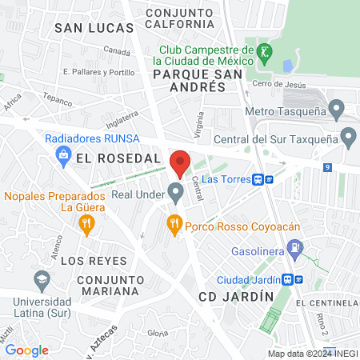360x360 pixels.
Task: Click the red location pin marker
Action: click(180, 162)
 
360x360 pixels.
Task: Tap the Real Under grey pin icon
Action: click(175, 193)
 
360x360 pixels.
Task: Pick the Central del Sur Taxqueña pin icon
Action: click(348, 137)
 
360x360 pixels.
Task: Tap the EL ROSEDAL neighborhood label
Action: click(118, 158)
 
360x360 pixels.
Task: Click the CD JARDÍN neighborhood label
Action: click(236, 296)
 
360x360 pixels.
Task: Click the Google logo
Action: click(26, 350)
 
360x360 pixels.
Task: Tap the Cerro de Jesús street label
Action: click(278, 84)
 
